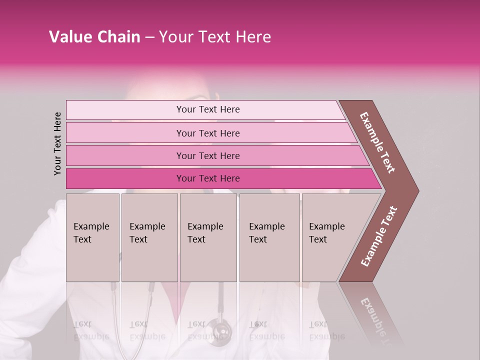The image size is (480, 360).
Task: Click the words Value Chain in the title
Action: (94, 37)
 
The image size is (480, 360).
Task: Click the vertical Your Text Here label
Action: (57, 143)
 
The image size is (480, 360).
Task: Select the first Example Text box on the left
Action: (92, 237)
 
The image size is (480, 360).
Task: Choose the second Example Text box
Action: (149, 237)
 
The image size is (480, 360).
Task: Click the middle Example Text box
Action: (208, 237)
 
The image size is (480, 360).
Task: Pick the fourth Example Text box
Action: (269, 237)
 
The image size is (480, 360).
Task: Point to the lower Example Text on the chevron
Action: (379, 236)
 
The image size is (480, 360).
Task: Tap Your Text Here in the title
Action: (215, 37)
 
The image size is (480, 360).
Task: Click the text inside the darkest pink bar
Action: (208, 178)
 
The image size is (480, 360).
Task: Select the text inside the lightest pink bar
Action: (208, 109)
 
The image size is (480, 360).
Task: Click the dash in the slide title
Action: (149, 37)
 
